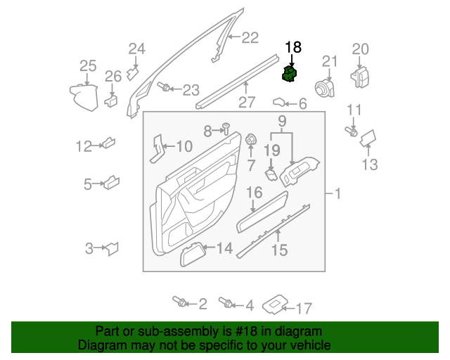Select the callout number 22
click(250, 39)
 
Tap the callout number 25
click(87, 66)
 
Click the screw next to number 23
click(165, 88)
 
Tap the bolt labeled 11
click(351, 130)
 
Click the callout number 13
click(370, 165)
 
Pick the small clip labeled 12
click(108, 144)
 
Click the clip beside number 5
click(110, 184)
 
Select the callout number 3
click(89, 247)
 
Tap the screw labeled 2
click(180, 302)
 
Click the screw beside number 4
click(227, 304)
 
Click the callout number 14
click(224, 247)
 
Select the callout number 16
click(254, 193)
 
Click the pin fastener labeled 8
click(226, 127)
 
